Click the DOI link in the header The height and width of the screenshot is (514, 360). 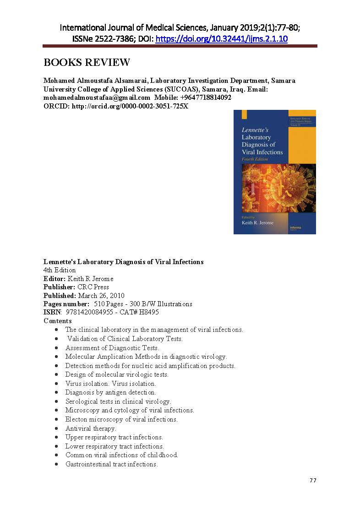pos(222,39)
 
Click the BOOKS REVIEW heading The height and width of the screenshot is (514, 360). pos(87,63)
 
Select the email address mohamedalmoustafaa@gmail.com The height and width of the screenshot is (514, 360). pos(97,97)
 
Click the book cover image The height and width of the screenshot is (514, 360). pos(274,172)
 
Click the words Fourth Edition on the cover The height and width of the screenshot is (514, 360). pos(255,159)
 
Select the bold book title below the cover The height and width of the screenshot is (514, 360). pos(123,262)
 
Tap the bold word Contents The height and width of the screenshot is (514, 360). pos(58,321)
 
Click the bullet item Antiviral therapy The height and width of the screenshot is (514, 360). pos(91,428)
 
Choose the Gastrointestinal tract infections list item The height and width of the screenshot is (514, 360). pos(111,464)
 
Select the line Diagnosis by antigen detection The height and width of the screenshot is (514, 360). pos(110,392)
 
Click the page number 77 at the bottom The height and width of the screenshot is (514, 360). pos(313,480)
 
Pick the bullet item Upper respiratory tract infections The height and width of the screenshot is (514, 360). pos(114,437)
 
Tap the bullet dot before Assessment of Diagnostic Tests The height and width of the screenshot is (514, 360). pos(56,348)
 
